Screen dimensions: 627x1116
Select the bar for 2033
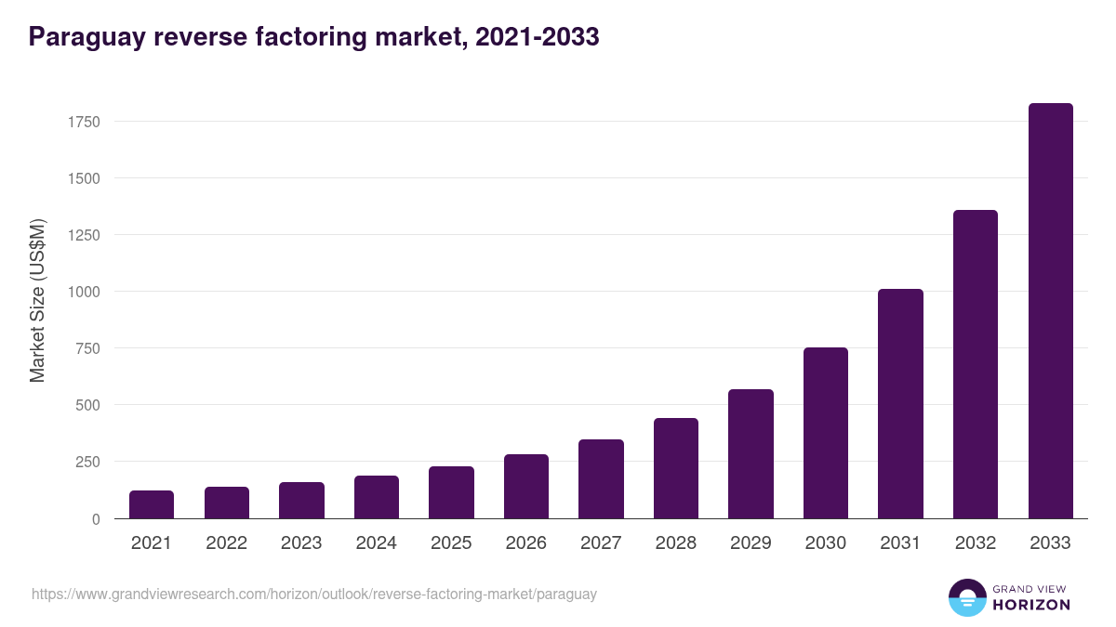1050,311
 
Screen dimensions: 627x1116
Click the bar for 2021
152,504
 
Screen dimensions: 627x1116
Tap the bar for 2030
826,433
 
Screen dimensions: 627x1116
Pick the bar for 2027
601,478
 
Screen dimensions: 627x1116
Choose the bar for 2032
976,364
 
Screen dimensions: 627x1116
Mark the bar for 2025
451,492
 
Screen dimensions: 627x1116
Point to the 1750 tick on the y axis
83,122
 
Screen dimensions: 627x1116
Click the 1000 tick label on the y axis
83,292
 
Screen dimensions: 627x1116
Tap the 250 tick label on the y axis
87,462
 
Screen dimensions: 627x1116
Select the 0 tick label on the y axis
96,519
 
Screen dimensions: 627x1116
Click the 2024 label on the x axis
376,543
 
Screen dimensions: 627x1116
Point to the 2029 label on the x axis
751,543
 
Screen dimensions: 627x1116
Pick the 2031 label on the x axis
900,543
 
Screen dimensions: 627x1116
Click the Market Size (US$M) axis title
37,299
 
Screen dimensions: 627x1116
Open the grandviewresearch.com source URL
314,594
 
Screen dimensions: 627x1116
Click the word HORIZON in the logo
1031,605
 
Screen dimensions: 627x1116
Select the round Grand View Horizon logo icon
967,597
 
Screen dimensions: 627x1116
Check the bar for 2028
676,468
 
